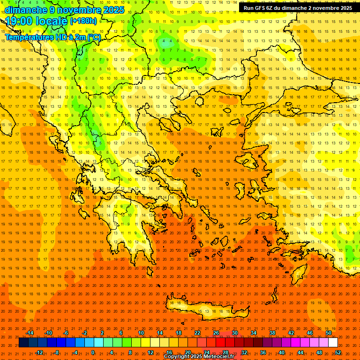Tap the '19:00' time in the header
(x=18, y=21)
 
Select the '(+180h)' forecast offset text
(x=83, y=21)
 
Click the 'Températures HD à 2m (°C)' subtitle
(x=52, y=37)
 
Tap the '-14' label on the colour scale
(x=30, y=333)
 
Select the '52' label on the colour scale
(x=338, y=352)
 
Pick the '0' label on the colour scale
(x=93, y=352)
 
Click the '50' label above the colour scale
(x=329, y=333)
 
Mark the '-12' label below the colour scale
(x=39, y=352)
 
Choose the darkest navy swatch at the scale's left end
(x=23, y=343)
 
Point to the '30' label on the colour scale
(x=234, y=333)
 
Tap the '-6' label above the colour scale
(x=66, y=333)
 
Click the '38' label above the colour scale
(x=272, y=333)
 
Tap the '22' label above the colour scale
(x=197, y=333)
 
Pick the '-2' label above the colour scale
(x=84, y=333)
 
